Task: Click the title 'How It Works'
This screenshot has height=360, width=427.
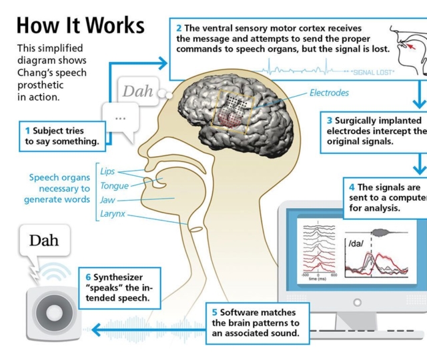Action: [x=80, y=25]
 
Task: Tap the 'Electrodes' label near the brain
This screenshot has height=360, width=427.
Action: [x=329, y=93]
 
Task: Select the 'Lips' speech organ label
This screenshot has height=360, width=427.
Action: [x=107, y=171]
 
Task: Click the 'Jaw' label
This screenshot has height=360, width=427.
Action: [x=107, y=200]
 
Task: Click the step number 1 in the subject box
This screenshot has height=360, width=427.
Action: [x=27, y=131]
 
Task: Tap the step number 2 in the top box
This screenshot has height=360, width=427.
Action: [x=179, y=28]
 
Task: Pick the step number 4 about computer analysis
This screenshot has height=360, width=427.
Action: [x=352, y=187]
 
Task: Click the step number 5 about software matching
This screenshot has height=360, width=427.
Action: [x=214, y=312]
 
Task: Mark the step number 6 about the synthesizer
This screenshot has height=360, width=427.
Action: [x=88, y=277]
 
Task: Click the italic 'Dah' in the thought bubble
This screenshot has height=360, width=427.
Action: [x=137, y=91]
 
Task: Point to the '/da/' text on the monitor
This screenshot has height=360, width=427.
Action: [x=356, y=243]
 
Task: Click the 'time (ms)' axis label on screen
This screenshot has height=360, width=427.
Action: [x=318, y=278]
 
